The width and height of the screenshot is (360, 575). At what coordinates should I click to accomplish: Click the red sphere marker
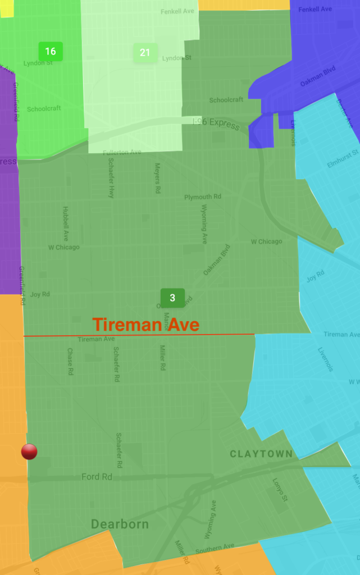pos(29,451)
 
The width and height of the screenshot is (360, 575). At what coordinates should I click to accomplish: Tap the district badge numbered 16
pos(51,52)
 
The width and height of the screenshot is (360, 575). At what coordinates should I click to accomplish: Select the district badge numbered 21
pos(145,53)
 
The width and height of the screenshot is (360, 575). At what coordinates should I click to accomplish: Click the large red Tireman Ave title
pos(146,325)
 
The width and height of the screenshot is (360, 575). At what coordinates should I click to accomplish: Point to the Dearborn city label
pos(120,524)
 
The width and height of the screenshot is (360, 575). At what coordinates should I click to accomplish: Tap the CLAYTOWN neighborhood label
pos(261,454)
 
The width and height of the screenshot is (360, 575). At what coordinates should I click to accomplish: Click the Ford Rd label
pos(97,477)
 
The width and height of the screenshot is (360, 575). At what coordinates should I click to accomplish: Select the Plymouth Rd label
pos(203,197)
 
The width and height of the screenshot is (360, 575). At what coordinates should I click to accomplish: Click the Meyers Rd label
pos(158,179)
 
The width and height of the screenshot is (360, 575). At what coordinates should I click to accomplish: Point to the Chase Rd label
pos(70,362)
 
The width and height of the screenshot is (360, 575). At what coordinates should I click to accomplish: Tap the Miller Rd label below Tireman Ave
pos(162,358)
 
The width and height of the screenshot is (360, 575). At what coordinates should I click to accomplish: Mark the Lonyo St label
pos(280,490)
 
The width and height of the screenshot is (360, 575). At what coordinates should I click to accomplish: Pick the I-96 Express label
pos(216,123)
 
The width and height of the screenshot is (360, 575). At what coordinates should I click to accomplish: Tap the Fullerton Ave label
pos(122,153)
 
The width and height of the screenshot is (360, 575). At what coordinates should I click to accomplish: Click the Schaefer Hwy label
pos(111,177)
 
